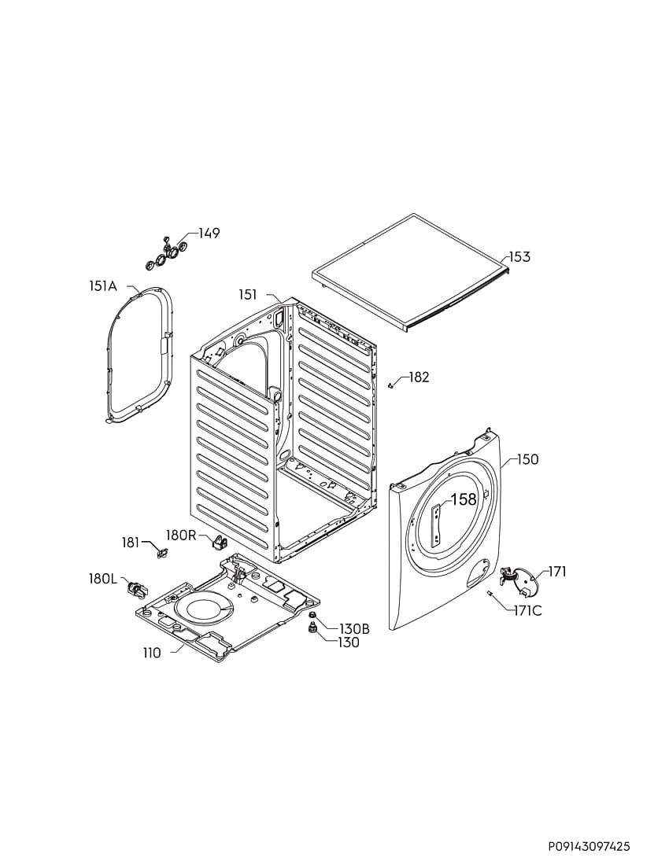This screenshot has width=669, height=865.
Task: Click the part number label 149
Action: point(209,234)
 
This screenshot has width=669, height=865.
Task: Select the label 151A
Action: point(103,285)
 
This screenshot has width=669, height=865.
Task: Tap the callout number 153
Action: point(519,256)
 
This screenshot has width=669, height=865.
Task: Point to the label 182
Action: point(419,377)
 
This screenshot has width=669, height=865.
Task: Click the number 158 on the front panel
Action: point(464,499)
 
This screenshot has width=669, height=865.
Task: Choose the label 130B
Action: point(354,629)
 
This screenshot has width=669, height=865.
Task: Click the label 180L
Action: point(103,579)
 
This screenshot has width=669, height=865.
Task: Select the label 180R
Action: point(181,535)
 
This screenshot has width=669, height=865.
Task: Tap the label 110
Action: point(152,653)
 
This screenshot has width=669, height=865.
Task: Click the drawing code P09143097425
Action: point(589,846)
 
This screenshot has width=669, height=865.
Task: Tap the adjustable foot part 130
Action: point(312,629)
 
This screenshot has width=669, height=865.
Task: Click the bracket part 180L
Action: point(135,590)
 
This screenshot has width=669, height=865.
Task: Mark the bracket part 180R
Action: point(219,542)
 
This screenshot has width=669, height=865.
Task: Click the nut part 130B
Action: point(312,615)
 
